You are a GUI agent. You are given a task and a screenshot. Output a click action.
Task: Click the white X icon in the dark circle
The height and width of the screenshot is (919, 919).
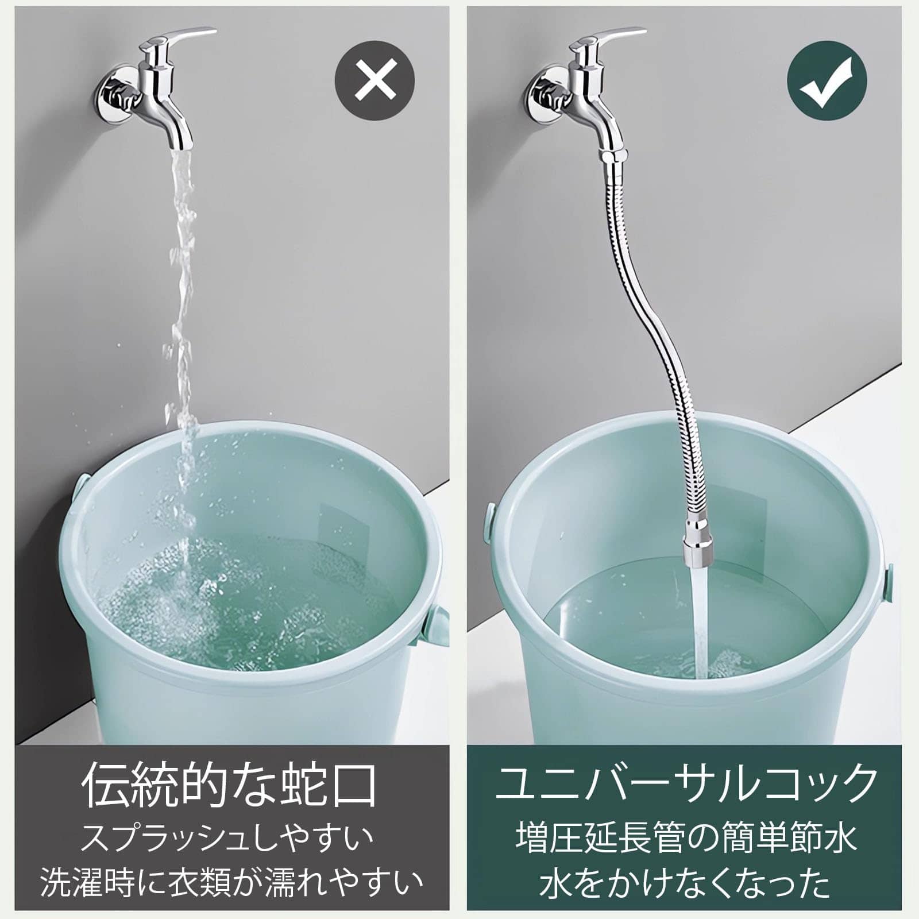pos(374,80)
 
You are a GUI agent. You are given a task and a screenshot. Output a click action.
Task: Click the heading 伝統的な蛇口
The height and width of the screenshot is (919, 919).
pos(230,784)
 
